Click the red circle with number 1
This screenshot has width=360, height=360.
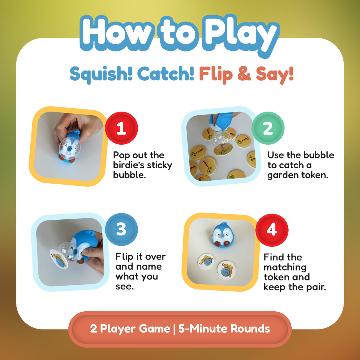[x=121, y=128]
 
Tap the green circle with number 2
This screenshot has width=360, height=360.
[x=268, y=128]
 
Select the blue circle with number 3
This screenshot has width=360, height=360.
[x=121, y=229]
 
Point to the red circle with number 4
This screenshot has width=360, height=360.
[x=272, y=230]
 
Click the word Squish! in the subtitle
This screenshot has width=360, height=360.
[x=101, y=74]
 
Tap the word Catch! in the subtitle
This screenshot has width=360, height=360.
[x=166, y=73]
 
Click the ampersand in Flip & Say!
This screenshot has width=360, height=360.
[x=244, y=74]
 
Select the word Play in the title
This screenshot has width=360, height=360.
[x=241, y=35]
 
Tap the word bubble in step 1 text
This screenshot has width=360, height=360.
[x=129, y=175]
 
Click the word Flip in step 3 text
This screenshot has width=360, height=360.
[x=124, y=257]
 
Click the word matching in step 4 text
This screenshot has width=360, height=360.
[x=285, y=267]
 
